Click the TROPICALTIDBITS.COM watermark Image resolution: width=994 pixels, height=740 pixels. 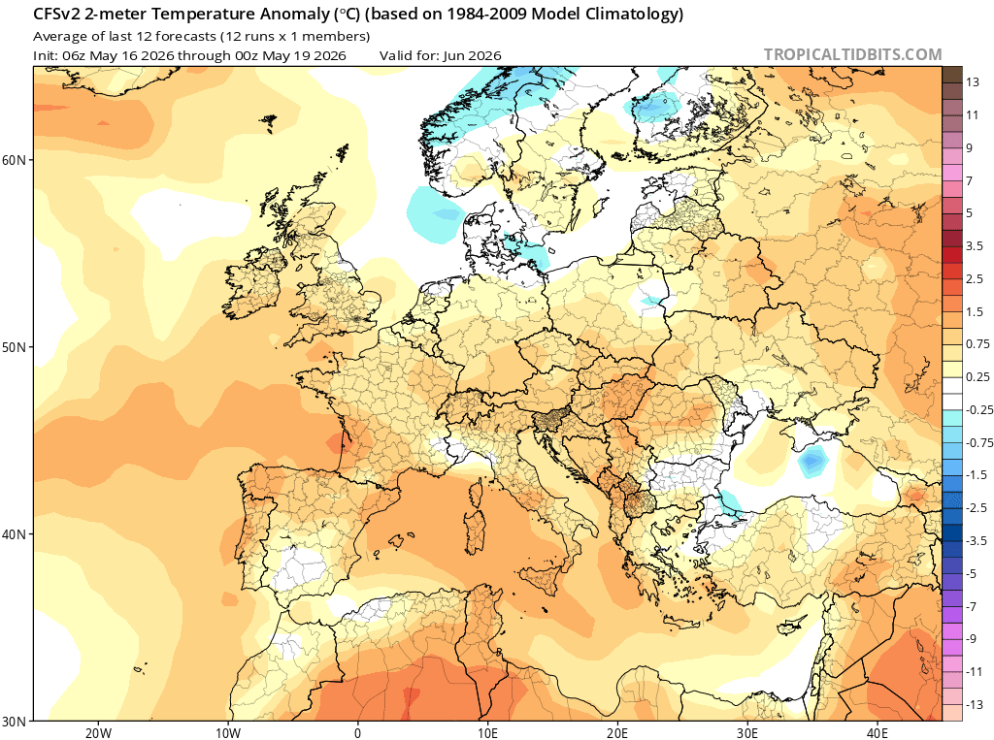click(852, 54)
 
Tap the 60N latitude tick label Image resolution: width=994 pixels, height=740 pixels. click(14, 160)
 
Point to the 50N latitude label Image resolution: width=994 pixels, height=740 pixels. click(14, 348)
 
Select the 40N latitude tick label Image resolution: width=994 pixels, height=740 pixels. click(14, 534)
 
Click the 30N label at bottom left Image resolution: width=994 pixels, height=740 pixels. click(14, 722)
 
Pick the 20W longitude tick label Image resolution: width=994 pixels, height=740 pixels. click(98, 733)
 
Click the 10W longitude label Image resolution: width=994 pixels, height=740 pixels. click(227, 733)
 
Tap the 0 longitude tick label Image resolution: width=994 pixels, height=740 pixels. click(357, 733)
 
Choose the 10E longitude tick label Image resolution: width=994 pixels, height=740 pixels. click(487, 733)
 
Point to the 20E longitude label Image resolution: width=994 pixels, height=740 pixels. click(616, 733)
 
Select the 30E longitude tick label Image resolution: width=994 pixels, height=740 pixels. click(746, 733)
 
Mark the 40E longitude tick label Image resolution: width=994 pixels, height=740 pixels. click(877, 733)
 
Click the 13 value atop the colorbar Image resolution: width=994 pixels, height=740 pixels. click(973, 82)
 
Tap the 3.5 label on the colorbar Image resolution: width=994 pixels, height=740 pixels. click(975, 245)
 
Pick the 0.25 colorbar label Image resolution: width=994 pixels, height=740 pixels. click(977, 377)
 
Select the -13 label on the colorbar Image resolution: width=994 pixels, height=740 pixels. click(975, 704)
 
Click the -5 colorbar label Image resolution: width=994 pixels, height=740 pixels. click(971, 573)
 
